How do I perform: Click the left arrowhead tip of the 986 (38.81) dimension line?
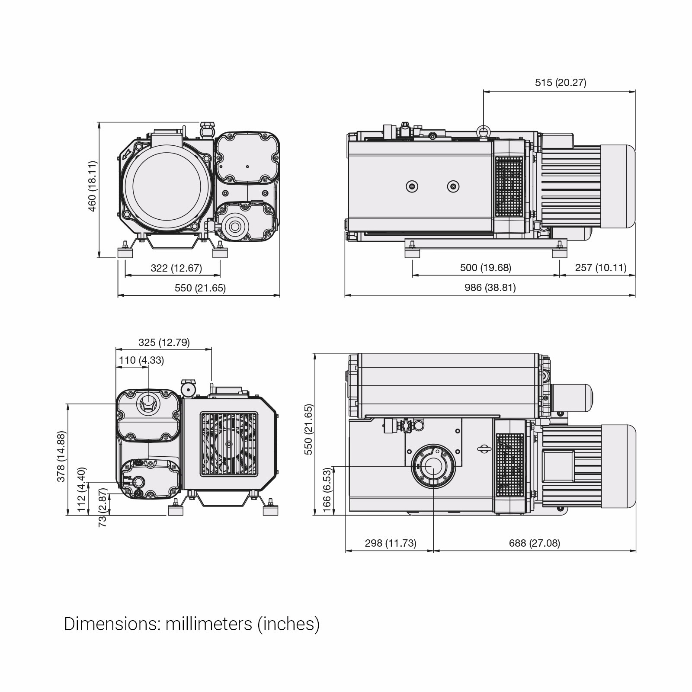coord(345,296)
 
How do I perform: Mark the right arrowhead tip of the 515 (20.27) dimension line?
coord(635,92)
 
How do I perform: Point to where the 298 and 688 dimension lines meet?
coord(433,551)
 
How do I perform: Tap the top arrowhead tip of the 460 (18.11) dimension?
coord(99,122)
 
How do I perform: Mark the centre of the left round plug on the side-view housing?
coord(412,186)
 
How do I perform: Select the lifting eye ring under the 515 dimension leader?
coord(483,130)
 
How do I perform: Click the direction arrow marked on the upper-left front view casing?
coord(127,153)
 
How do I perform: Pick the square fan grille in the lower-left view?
coord(228,443)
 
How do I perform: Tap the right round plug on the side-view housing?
coord(453,186)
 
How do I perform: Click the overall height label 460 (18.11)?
coord(92,186)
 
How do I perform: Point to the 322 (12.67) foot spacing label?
coord(176,268)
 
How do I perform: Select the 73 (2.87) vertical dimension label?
coord(103,507)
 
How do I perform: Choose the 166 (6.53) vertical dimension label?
coord(327,489)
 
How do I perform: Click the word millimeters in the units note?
coord(209,624)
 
